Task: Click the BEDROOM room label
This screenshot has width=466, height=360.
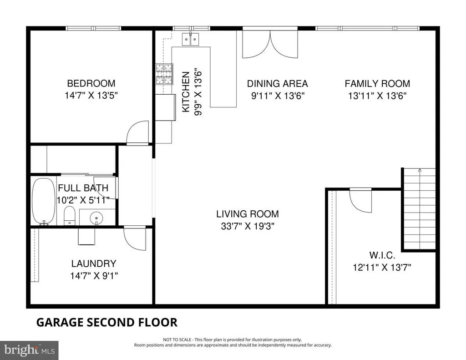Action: (x=91, y=83)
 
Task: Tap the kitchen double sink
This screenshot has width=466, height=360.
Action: (x=191, y=39)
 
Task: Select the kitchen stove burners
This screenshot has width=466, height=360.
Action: (x=164, y=74)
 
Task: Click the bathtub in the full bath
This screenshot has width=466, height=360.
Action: (x=44, y=201)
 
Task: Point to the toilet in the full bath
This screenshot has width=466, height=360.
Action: (x=70, y=216)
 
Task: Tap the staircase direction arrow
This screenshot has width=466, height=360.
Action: (x=420, y=170)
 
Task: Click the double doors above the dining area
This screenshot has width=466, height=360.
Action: (x=270, y=43)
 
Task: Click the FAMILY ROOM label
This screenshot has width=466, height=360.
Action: (x=377, y=84)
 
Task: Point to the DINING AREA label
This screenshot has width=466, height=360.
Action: (x=277, y=84)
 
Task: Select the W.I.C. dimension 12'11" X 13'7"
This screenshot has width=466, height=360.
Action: (x=382, y=268)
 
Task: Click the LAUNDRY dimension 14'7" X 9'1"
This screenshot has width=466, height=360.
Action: (x=94, y=276)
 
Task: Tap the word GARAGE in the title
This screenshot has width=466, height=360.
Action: (x=60, y=322)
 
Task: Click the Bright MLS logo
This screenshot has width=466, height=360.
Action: (x=29, y=350)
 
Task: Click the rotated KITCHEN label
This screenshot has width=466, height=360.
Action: (x=186, y=92)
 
